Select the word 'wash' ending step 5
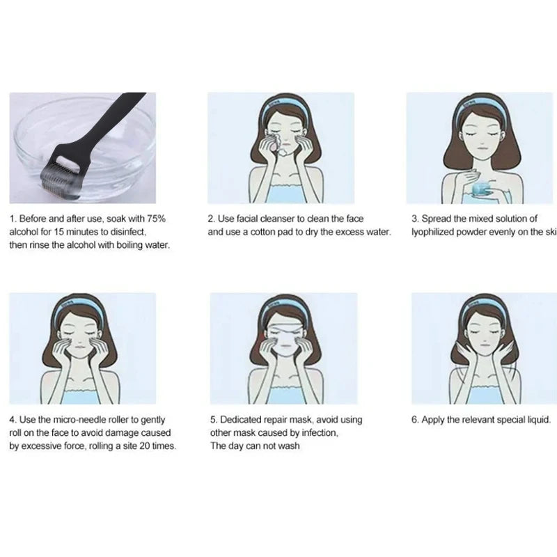(289, 446)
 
